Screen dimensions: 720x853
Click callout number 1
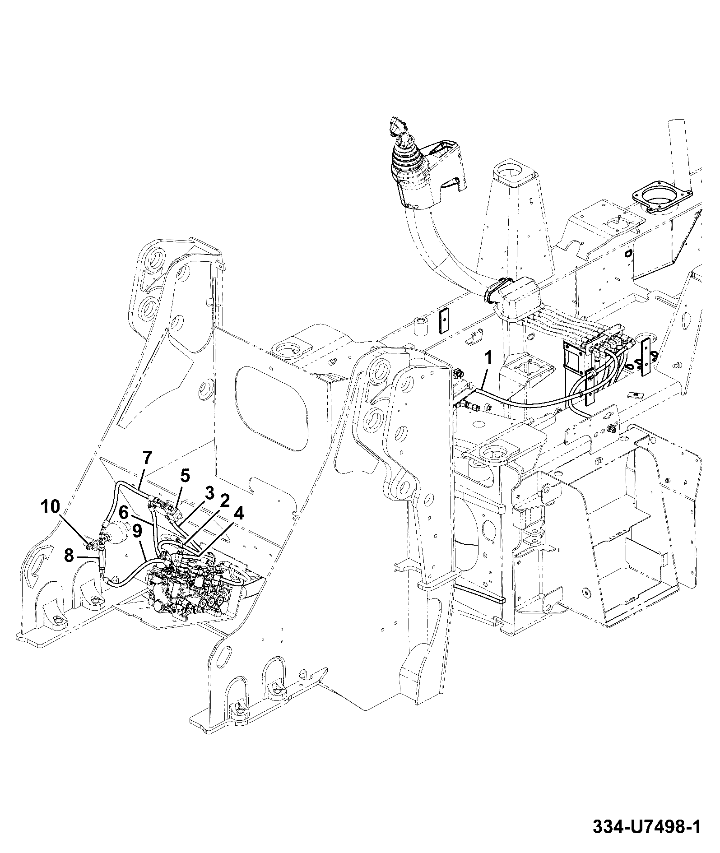pos(488,359)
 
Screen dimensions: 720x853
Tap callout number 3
pos(209,493)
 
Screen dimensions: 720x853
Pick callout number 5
pos(186,475)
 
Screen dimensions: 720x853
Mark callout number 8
pos(69,556)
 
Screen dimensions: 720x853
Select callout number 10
pos(50,507)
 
